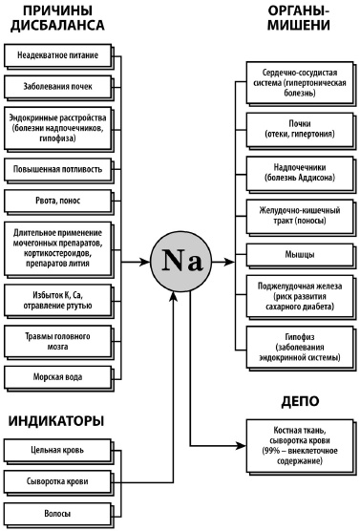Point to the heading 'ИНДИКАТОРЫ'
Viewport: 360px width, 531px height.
click(x=56, y=420)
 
